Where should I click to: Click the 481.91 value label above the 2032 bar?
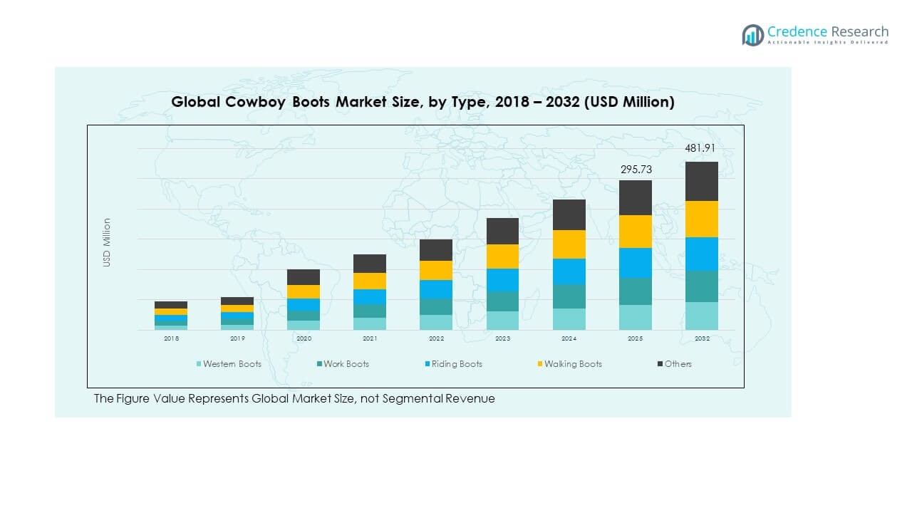[699, 148]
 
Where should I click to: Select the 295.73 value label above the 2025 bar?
[636, 170]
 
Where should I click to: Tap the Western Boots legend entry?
[229, 364]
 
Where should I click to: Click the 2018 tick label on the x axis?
[171, 339]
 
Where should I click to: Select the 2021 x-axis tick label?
[370, 339]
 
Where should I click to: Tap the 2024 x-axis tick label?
[569, 339]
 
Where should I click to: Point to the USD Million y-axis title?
[107, 242]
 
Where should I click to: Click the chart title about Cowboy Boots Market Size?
[423, 102]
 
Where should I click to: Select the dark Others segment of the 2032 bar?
[702, 181]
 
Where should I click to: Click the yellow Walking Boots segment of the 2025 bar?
[636, 232]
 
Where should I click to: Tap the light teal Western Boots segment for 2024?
[569, 319]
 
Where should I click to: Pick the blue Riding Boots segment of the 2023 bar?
[503, 280]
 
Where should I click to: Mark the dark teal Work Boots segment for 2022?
[436, 306]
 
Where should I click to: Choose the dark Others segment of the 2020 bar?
[304, 277]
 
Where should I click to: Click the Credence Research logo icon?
[752, 35]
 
